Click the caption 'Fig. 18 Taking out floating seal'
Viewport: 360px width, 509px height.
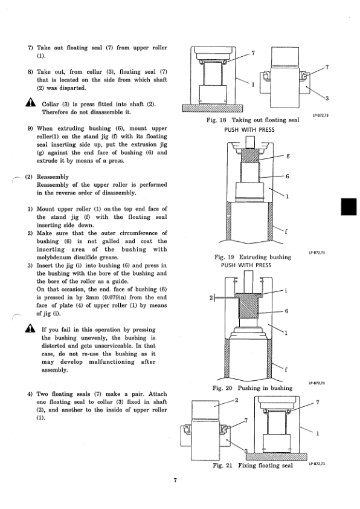[252, 120]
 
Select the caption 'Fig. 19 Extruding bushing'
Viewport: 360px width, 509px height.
[252, 257]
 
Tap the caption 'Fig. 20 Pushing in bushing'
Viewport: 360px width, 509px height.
[252, 388]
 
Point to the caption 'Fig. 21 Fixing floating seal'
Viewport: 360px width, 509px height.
[252, 465]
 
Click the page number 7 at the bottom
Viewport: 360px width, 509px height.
[175, 481]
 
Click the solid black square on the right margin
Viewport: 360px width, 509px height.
[349, 207]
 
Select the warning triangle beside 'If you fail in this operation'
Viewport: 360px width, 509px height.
[30, 328]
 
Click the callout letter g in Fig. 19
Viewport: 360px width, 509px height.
[288, 156]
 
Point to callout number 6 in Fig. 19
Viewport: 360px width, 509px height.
[288, 177]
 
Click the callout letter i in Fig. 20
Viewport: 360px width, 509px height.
[286, 291]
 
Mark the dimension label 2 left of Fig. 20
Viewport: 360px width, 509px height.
[211, 297]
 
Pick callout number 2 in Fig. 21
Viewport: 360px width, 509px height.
[236, 400]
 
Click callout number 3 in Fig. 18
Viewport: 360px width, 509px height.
[327, 99]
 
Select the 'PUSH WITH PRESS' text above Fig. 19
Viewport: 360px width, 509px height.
[249, 130]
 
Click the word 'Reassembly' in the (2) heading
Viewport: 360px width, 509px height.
[53, 177]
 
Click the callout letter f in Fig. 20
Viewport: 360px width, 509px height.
[286, 369]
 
